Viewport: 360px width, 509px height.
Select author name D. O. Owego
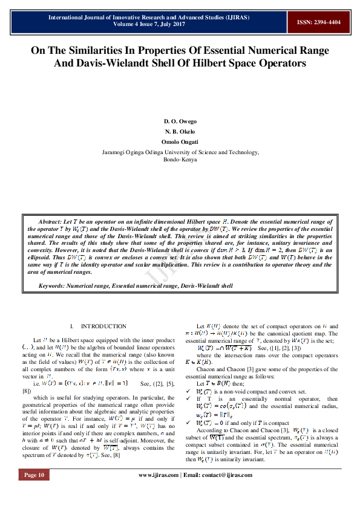[180, 122]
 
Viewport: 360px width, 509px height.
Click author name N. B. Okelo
[180, 131]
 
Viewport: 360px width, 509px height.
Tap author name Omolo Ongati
[180, 141]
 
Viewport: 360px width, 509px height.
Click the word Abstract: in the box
[51, 222]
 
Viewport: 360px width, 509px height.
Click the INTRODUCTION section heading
[103, 326]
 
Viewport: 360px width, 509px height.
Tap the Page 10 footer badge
[34, 492]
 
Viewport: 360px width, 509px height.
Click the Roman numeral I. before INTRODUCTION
[72, 326]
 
